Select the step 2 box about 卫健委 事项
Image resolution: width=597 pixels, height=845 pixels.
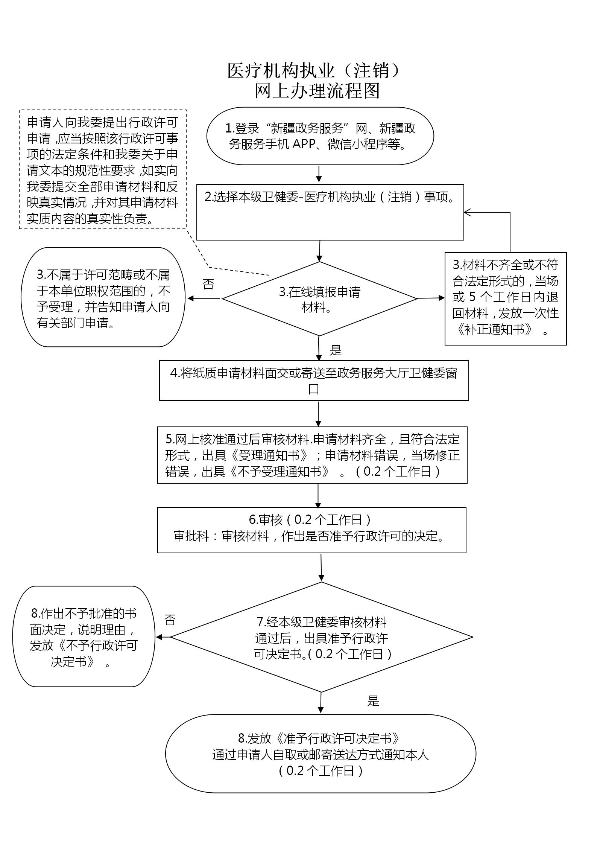click(x=330, y=212)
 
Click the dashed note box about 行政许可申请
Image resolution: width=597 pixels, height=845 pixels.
click(x=102, y=170)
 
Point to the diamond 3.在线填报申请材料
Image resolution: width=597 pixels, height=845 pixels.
click(x=319, y=299)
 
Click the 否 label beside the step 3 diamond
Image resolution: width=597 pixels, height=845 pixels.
click(x=208, y=284)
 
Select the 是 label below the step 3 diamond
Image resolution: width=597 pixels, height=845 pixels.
click(x=336, y=351)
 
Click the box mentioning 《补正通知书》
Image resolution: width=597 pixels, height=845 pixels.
click(x=505, y=298)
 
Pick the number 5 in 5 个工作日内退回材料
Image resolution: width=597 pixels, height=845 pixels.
click(x=472, y=297)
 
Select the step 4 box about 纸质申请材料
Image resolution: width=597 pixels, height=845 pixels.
click(x=314, y=381)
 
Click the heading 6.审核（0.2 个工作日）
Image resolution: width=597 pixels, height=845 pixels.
click(x=311, y=520)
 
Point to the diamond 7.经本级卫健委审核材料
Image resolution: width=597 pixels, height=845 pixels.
click(x=322, y=638)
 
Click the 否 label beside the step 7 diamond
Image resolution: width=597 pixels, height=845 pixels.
click(x=170, y=620)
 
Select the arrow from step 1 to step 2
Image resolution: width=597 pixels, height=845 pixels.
click(x=319, y=174)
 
